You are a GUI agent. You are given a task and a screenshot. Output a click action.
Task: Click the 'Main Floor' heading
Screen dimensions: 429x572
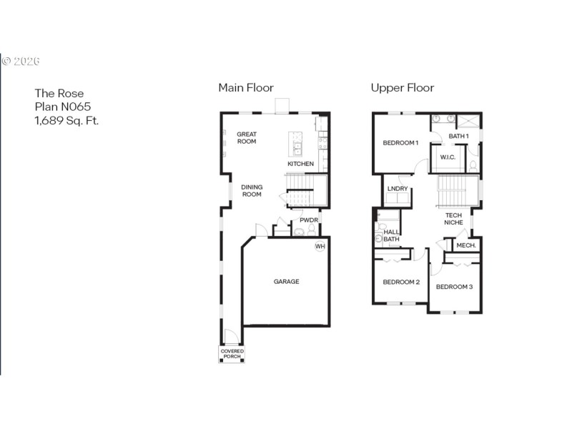tap(246, 88)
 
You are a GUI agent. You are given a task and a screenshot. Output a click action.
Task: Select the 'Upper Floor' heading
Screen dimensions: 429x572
tap(402, 88)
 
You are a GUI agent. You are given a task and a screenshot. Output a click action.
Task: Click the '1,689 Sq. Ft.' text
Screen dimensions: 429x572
tap(67, 120)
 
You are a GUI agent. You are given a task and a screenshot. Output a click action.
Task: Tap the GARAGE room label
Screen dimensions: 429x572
tap(286, 282)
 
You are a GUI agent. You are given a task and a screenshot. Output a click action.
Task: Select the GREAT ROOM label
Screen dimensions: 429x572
tap(247, 138)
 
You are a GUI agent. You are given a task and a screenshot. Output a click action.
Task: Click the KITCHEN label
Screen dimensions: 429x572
tap(300, 164)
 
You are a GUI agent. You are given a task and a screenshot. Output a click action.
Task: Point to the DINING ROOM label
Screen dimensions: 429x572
tap(252, 191)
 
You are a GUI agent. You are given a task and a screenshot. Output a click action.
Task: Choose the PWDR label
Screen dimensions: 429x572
tap(308, 220)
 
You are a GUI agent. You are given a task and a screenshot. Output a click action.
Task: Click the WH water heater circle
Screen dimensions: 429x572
tap(320, 247)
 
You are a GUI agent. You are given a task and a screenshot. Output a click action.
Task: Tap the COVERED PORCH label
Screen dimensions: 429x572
tap(232, 354)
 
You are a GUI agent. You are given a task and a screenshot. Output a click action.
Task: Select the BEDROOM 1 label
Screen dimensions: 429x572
tap(400, 143)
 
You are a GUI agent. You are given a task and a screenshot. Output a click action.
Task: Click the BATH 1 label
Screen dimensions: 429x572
tap(458, 136)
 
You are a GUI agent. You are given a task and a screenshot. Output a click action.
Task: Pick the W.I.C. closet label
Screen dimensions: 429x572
tap(448, 157)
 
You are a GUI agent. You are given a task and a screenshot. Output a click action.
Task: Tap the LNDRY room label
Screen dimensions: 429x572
tap(397, 189)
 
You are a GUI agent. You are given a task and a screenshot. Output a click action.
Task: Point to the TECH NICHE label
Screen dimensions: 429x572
tap(453, 220)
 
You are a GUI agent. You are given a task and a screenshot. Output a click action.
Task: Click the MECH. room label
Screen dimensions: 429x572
tap(465, 245)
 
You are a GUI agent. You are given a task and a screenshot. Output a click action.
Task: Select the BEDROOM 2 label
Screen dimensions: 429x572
tap(401, 282)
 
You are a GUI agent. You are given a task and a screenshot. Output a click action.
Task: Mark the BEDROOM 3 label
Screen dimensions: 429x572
tap(454, 287)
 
